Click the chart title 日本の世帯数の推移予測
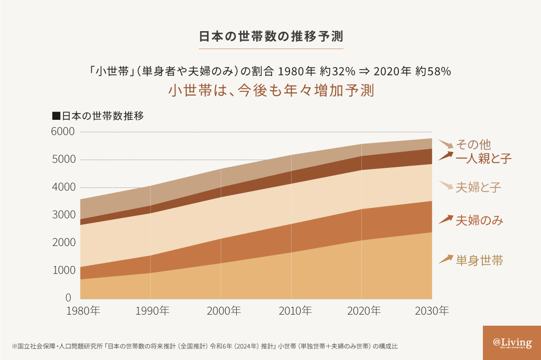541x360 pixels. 270,37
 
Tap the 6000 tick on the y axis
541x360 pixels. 63,131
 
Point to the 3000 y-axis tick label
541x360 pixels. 63,215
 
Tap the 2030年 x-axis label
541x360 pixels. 432,310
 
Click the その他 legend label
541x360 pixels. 474,144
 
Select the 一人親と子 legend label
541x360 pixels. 483,158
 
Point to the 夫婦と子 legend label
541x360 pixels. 478,187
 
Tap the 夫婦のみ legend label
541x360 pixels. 479,220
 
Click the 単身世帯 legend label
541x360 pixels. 479,260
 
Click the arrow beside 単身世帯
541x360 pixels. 446,259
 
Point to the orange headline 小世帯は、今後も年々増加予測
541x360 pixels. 271,90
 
